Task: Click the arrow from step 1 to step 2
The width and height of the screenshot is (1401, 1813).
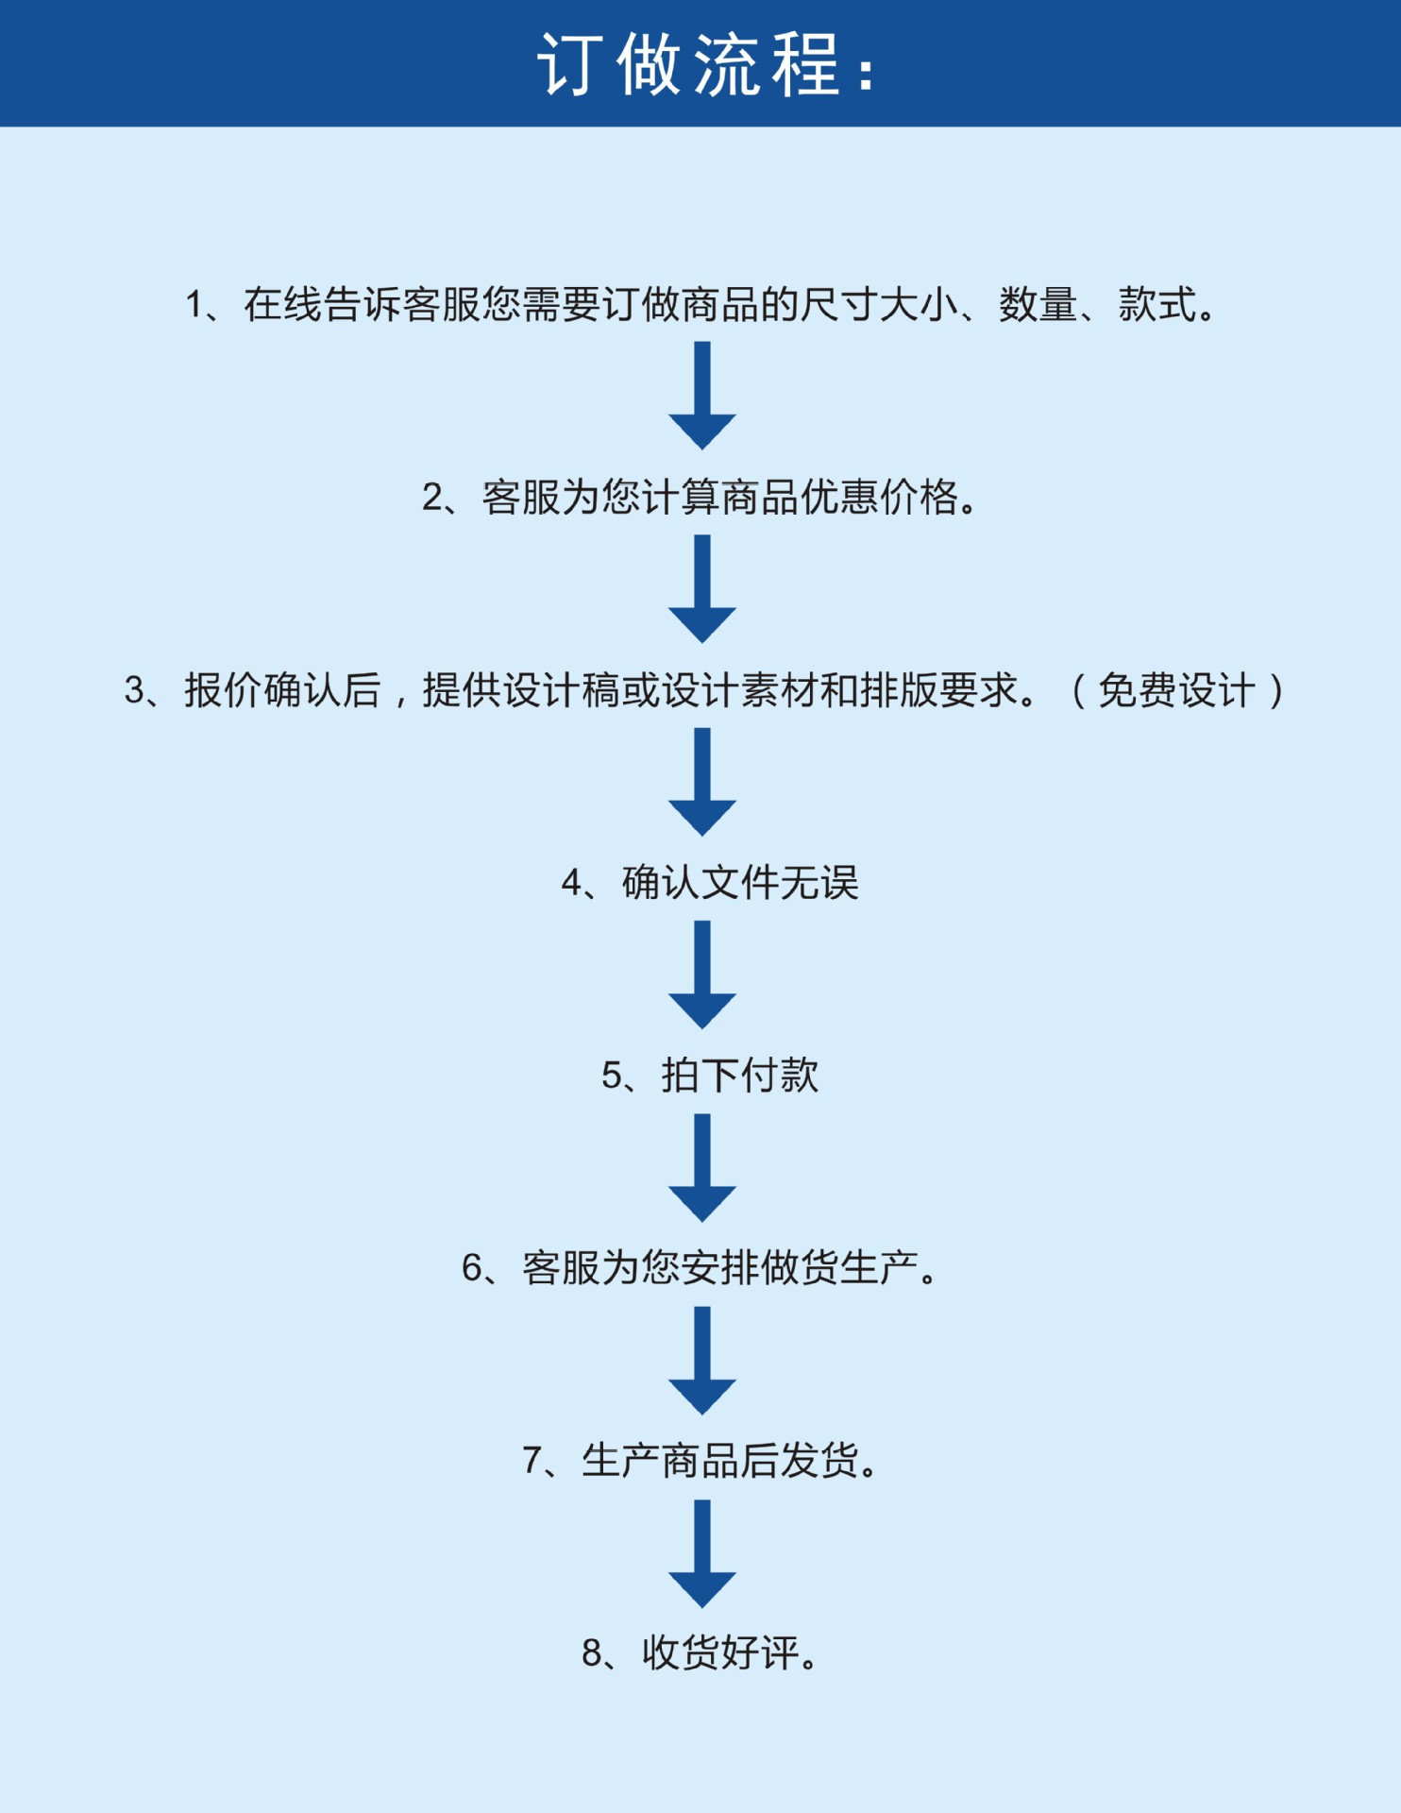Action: pos(702,397)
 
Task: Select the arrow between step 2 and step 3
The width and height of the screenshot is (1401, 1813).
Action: pos(702,589)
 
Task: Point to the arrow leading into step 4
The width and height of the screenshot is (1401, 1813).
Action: pos(702,782)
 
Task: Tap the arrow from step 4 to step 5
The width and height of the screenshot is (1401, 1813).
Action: pos(702,974)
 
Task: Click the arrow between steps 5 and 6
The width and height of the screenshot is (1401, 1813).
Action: pos(702,1168)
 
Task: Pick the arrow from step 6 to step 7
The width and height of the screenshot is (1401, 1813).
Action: pos(702,1361)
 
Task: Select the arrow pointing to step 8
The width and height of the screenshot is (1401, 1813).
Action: pos(702,1553)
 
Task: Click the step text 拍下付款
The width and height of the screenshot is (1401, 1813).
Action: pos(739,1076)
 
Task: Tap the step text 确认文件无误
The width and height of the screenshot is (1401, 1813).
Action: pos(739,883)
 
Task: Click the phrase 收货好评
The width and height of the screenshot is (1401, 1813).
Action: pos(720,1653)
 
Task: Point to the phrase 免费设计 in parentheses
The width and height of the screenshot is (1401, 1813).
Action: pos(1176,690)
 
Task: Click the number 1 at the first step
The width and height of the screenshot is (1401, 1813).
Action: pos(194,305)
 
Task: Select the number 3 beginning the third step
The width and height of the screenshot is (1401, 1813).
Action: pos(135,690)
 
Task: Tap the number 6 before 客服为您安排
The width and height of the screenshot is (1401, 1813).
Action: pos(472,1268)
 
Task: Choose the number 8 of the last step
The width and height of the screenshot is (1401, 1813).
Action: pos(592,1653)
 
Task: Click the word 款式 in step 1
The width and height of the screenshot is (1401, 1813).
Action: pos(1157,305)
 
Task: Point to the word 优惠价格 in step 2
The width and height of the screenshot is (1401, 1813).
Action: pos(879,498)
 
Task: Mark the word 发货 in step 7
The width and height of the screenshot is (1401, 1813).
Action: pos(819,1461)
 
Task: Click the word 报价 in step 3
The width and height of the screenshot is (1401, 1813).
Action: pos(223,690)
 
